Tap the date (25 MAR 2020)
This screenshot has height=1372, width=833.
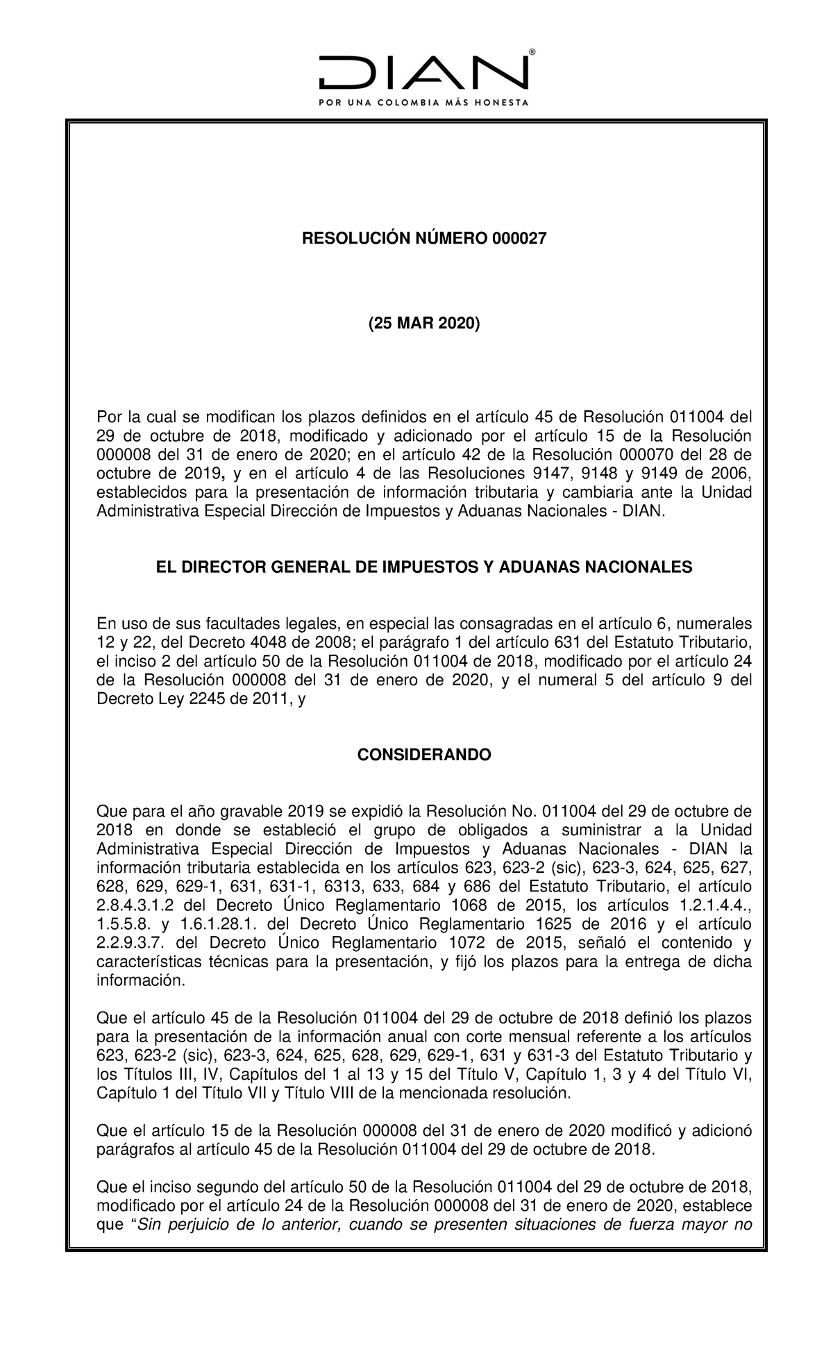[423, 324]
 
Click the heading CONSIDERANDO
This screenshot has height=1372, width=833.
[423, 755]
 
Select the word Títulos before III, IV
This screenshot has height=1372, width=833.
[143, 1075]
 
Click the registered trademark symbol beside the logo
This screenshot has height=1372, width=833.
[532, 52]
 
